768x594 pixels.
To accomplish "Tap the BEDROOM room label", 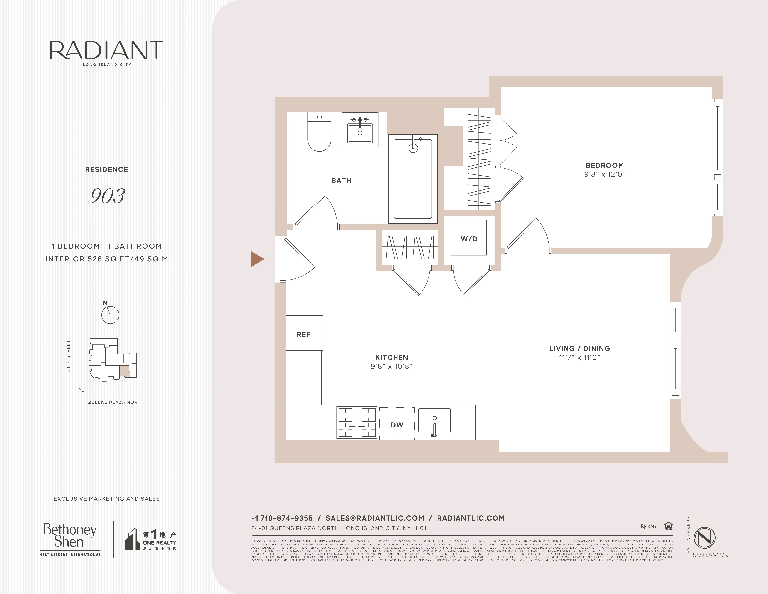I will (x=605, y=165).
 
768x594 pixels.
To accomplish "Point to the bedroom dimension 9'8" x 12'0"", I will (x=605, y=174).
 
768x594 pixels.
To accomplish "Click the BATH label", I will (x=341, y=181).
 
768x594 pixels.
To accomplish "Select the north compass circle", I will (x=110, y=315).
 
